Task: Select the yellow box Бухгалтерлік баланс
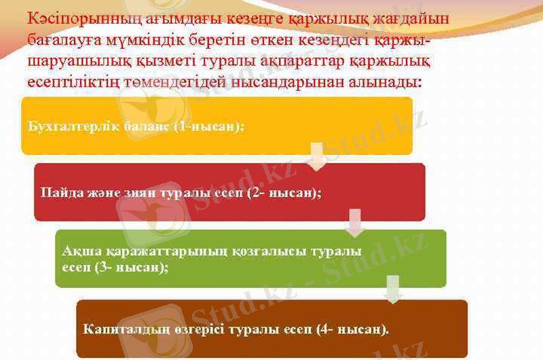[217, 126]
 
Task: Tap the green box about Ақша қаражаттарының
[250, 259]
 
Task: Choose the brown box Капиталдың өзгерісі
[271, 329]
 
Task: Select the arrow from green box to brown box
[392, 289]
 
